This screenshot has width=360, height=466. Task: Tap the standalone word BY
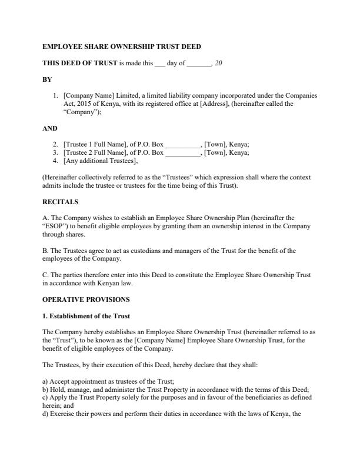pos(47,79)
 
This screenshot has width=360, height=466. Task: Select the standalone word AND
pos(50,128)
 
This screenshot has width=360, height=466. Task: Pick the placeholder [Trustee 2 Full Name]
pos(94,152)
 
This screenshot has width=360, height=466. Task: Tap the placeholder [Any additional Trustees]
pos(101,161)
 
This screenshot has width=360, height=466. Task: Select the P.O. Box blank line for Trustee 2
pos(183,152)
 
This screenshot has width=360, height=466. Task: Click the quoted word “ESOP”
pos(54,226)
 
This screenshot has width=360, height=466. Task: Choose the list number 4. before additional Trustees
pos(55,161)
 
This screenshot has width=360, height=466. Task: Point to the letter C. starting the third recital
pos(46,275)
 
